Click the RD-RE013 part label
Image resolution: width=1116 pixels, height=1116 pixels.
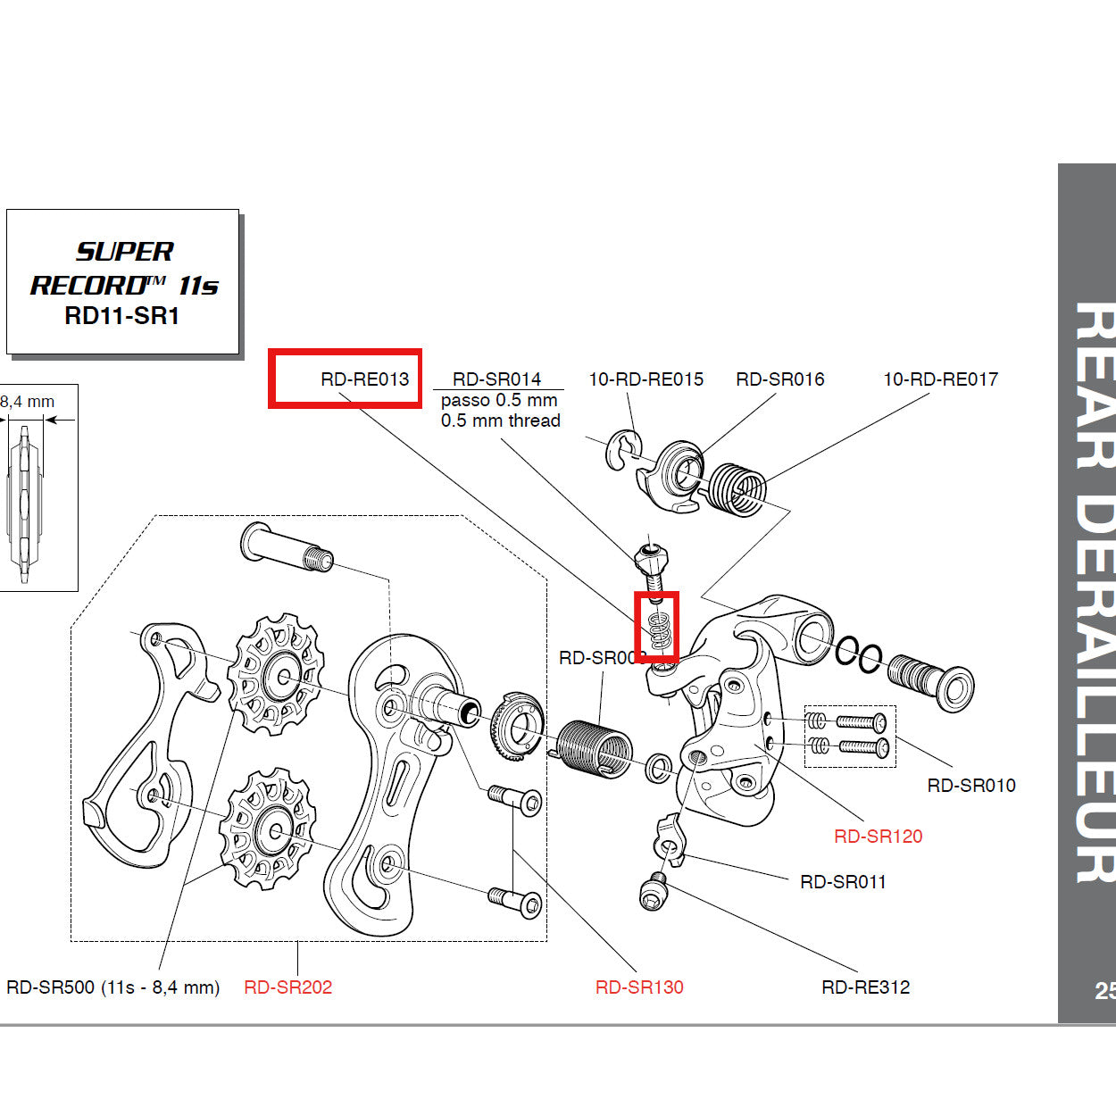tap(364, 379)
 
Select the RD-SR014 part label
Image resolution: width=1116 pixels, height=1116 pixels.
tap(496, 379)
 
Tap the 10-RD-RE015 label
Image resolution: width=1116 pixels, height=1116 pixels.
tap(645, 379)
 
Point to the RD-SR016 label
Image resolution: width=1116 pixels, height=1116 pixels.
tap(779, 379)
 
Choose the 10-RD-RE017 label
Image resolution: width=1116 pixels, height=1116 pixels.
tap(940, 379)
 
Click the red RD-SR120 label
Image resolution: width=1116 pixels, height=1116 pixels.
tap(878, 837)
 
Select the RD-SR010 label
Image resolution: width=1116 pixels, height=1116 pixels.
tap(971, 786)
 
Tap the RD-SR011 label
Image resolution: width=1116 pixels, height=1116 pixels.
tap(843, 882)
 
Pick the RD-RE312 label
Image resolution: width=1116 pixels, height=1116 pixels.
tap(865, 987)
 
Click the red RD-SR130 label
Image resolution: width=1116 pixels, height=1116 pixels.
tap(639, 987)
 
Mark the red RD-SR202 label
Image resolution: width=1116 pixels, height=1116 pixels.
tap(287, 987)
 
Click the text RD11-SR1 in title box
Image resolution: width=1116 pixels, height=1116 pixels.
tap(122, 316)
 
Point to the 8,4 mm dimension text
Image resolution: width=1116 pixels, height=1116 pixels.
tap(28, 402)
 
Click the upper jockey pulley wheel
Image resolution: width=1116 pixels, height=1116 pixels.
tap(275, 674)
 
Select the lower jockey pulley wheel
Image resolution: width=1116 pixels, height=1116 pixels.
tap(266, 829)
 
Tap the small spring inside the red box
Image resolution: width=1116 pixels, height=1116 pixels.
tap(658, 630)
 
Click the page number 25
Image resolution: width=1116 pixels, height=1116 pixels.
tap(1104, 991)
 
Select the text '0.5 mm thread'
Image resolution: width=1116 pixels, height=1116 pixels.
tap(500, 421)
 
